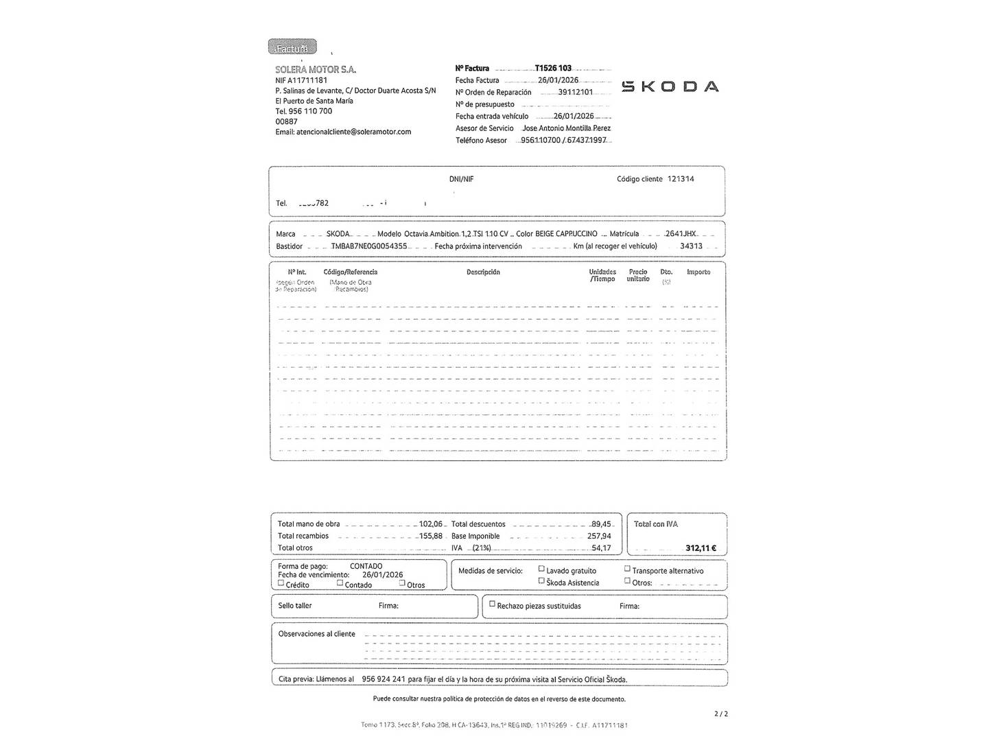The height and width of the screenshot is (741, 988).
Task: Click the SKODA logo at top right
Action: (670, 86)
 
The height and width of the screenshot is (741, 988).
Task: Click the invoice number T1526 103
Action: (553, 68)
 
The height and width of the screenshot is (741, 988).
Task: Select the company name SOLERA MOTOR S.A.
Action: (316, 69)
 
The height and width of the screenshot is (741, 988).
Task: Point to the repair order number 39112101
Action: (575, 92)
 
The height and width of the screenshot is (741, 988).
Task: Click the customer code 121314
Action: (681, 179)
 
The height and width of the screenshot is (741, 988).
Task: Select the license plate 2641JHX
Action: (681, 234)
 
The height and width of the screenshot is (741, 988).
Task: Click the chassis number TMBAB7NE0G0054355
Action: (369, 246)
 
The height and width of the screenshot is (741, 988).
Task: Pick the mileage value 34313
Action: (691, 246)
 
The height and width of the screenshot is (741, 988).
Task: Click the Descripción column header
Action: (483, 272)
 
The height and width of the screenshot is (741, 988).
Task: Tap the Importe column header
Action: (698, 272)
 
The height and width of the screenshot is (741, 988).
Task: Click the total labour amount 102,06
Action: (431, 524)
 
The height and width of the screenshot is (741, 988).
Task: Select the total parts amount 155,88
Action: (431, 537)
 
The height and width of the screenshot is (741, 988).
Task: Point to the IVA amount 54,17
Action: (601, 548)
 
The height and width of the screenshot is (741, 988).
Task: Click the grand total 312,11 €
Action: (701, 548)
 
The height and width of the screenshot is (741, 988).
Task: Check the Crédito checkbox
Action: (281, 583)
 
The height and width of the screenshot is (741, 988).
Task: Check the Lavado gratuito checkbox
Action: (541, 569)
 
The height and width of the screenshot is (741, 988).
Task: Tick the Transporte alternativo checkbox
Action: (627, 569)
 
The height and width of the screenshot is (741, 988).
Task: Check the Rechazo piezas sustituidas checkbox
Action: (492, 604)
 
